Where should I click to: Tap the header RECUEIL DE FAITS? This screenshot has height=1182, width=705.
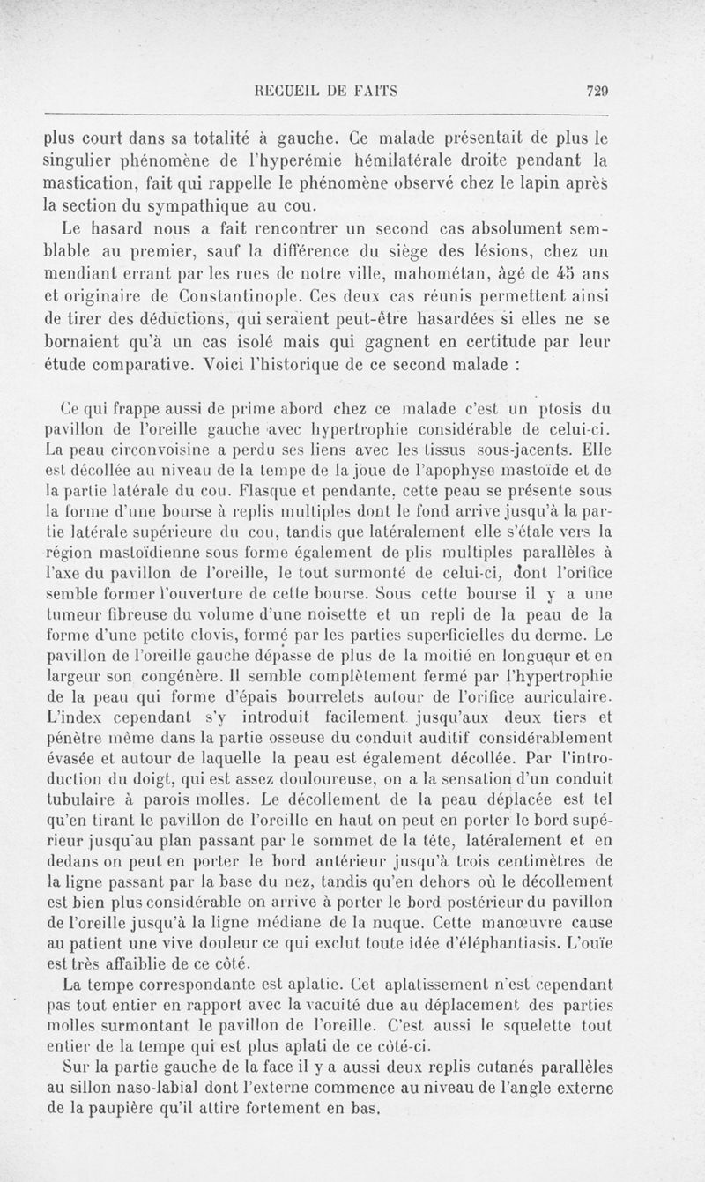click(325, 89)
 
